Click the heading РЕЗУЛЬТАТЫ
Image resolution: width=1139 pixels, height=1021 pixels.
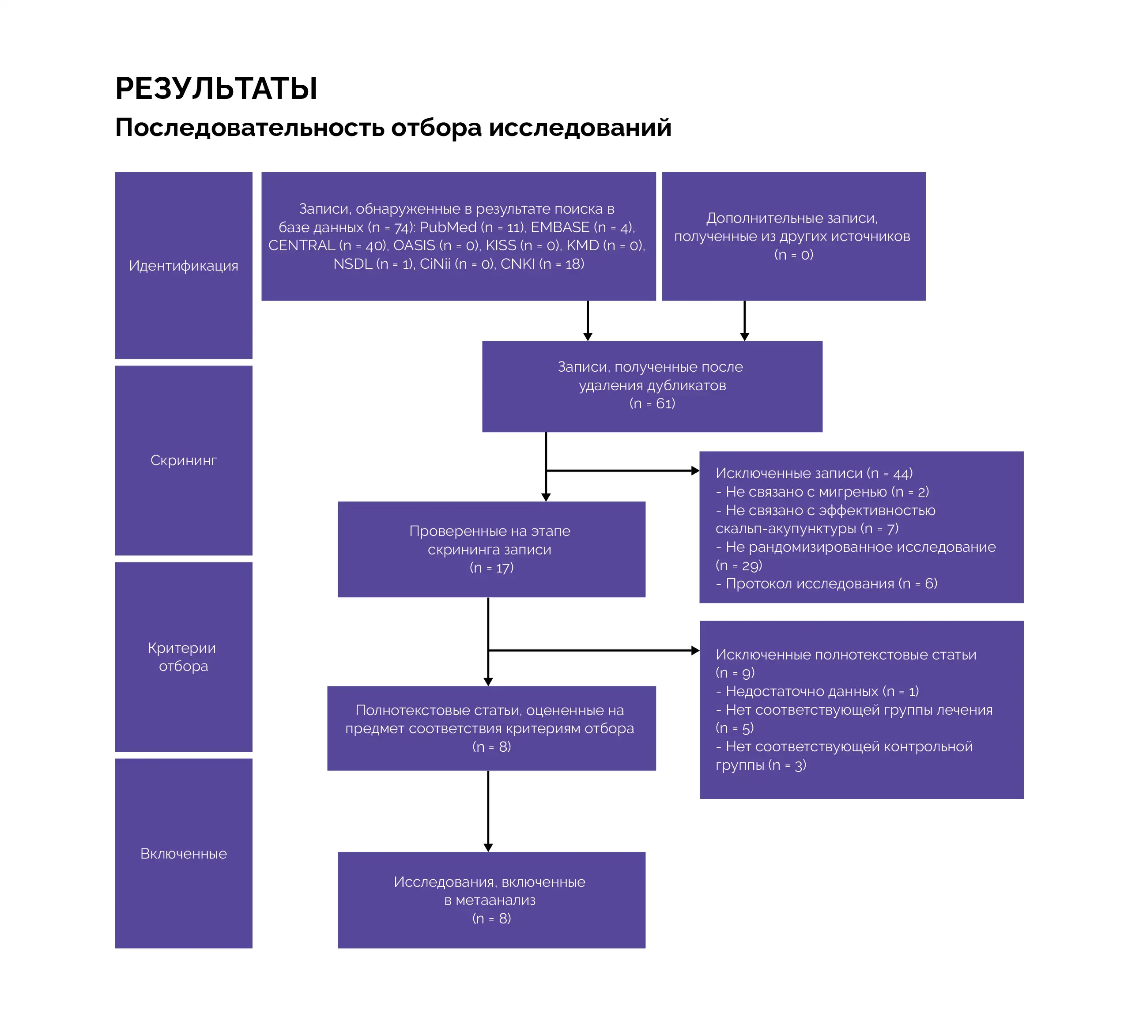pos(216,88)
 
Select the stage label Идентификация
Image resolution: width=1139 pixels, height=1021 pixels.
pos(184,266)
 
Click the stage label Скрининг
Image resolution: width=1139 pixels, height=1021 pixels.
pos(184,460)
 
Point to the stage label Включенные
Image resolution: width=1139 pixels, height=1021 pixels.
pos(184,854)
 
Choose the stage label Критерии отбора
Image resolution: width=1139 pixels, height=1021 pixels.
pos(182,657)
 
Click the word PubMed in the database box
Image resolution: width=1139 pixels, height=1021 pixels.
pos(448,227)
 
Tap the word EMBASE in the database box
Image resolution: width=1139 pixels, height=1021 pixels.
pos(560,227)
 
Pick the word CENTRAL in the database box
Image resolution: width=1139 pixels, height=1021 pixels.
pos(301,246)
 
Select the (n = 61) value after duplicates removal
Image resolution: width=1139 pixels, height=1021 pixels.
pos(652,403)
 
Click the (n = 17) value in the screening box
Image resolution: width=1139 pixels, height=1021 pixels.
pos(491,568)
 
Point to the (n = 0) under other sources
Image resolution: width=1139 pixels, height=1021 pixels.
pos(794,255)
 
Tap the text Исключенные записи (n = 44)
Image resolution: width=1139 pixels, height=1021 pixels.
pos(814,474)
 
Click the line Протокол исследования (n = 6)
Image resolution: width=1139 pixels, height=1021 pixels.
pos(826,584)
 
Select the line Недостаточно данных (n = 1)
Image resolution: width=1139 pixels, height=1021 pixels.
pos(818,691)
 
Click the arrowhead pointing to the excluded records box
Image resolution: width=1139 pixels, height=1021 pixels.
pos(695,471)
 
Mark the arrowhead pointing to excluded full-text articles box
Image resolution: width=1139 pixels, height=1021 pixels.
pos(695,651)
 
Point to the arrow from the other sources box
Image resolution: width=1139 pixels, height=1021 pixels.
pos(745,321)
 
